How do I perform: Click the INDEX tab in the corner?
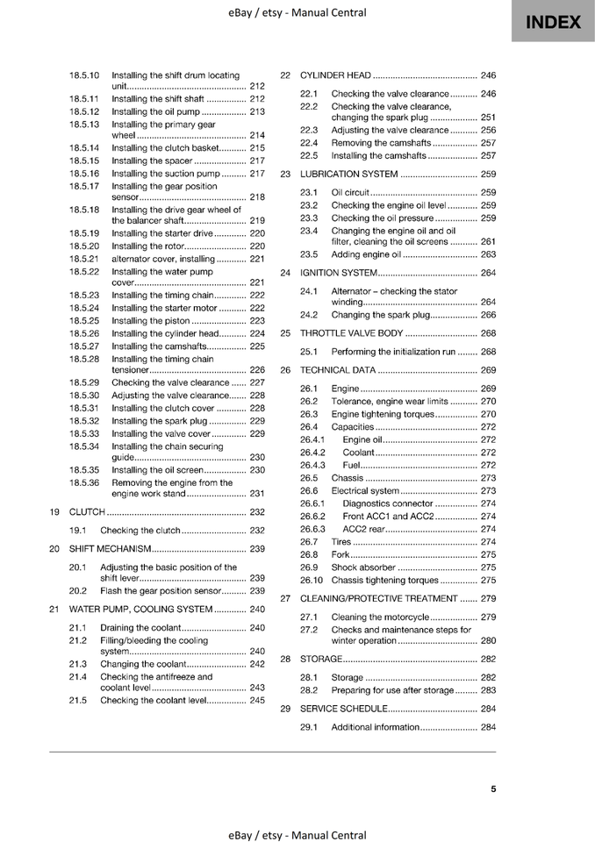coord(553,22)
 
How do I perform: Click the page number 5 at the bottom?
coord(493,788)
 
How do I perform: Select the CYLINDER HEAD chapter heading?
coord(335,75)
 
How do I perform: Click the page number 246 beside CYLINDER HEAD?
coord(488,75)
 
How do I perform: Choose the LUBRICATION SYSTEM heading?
coord(349,174)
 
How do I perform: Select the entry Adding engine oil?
coord(366,254)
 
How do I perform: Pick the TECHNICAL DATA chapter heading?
coord(338,370)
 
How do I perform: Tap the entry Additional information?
coord(375,727)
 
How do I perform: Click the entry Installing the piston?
coord(151,321)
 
